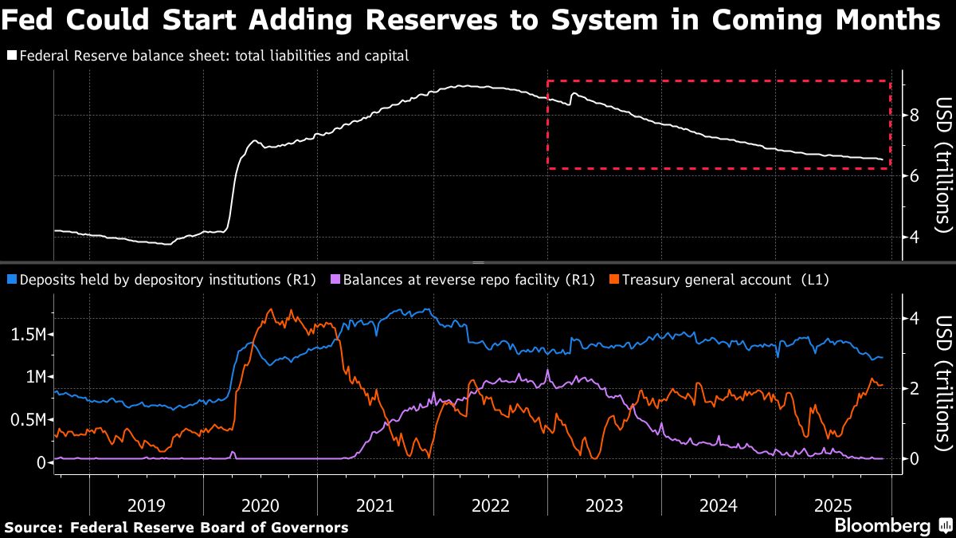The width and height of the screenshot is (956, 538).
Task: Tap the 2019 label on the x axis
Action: tap(146, 505)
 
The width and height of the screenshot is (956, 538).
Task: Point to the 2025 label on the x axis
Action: tap(833, 505)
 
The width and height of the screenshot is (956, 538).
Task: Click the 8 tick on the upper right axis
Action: tap(914, 115)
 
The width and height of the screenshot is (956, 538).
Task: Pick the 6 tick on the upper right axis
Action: tap(914, 176)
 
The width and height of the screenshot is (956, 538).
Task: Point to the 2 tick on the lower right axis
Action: tap(914, 388)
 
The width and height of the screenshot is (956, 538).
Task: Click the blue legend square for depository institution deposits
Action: tap(11, 280)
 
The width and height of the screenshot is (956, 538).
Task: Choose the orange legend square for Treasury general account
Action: tap(614, 280)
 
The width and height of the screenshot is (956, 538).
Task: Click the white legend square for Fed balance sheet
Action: tap(11, 56)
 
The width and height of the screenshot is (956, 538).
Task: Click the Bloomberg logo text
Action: tap(882, 526)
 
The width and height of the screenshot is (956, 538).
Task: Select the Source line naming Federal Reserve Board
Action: tap(176, 528)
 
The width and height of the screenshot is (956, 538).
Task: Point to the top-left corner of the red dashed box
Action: tap(547, 81)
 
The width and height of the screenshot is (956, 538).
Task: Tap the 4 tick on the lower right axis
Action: tap(914, 318)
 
